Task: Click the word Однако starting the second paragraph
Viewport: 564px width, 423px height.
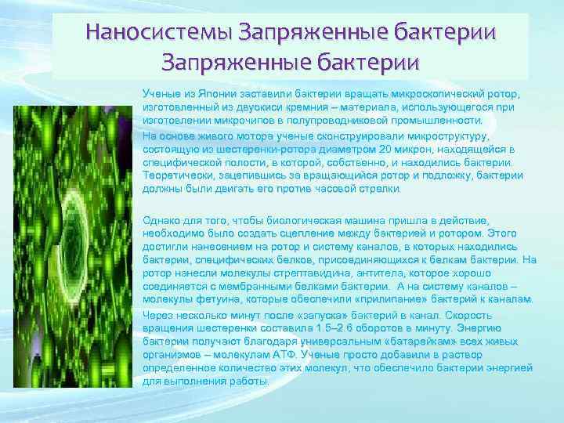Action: (161, 220)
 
